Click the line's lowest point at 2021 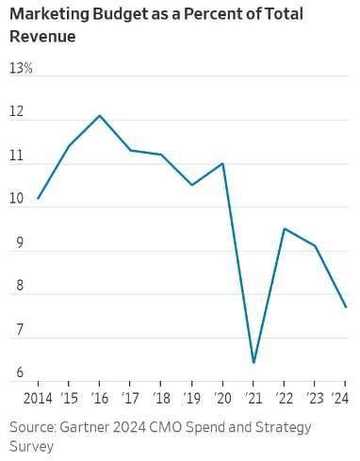(x=254, y=362)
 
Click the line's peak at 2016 (x=100, y=115)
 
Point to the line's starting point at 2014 (x=39, y=198)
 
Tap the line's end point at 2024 (x=346, y=306)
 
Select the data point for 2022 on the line (x=285, y=228)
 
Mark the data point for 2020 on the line (x=222, y=163)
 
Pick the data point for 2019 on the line (x=192, y=185)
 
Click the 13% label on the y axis (x=21, y=69)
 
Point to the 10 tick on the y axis (x=16, y=200)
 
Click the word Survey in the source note (x=31, y=446)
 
